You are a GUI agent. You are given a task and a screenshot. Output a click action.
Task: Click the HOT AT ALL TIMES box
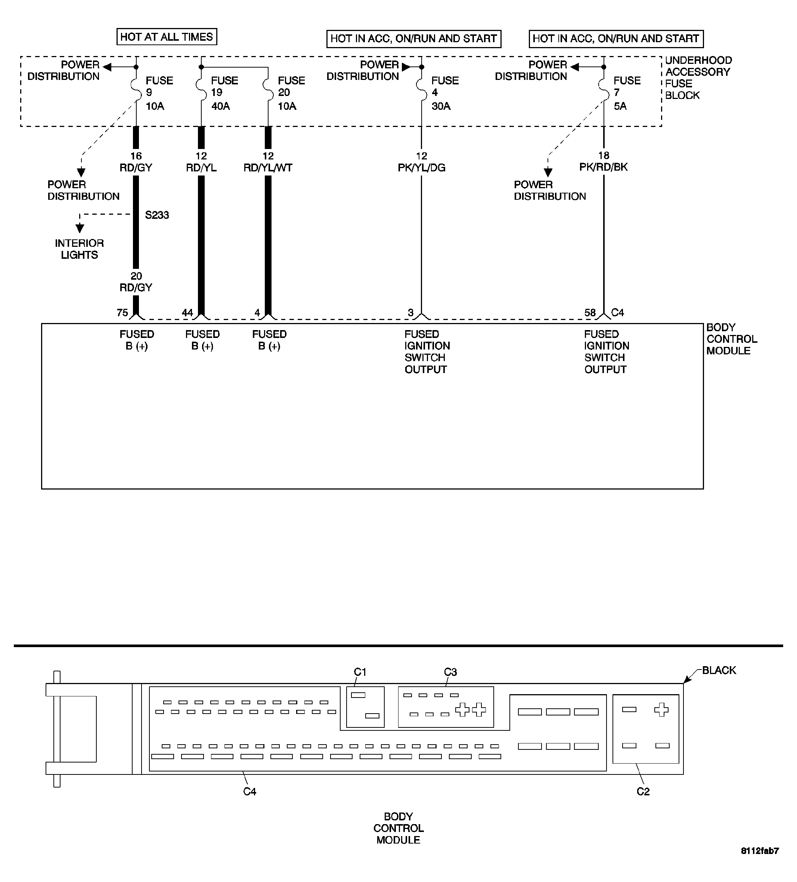(166, 37)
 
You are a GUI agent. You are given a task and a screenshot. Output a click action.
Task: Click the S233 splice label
(157, 215)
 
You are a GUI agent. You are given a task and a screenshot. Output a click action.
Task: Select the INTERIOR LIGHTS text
(79, 249)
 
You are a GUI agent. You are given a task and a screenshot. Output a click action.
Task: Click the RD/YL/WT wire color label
(268, 168)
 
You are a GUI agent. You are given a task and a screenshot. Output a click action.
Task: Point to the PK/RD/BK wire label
(603, 167)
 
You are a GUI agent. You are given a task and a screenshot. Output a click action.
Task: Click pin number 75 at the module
(122, 313)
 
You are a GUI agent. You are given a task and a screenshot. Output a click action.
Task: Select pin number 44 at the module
(187, 313)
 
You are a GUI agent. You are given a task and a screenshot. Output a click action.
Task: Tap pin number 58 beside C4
(590, 313)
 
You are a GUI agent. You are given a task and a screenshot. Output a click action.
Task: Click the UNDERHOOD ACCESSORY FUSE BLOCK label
(698, 78)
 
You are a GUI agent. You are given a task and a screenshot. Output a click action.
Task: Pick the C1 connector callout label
(360, 671)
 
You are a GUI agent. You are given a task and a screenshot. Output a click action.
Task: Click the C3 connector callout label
(450, 671)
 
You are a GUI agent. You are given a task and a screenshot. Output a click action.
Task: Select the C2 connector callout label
(643, 791)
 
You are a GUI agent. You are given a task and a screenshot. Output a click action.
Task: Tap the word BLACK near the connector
(719, 670)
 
